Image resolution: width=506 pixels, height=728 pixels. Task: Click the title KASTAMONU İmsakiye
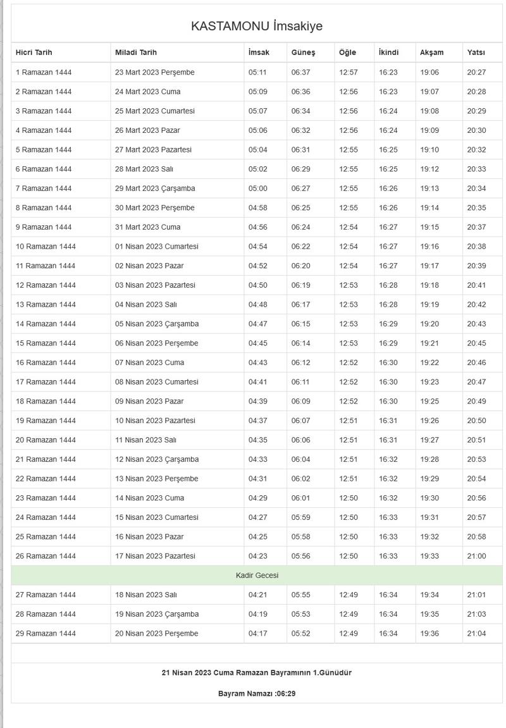click(256, 26)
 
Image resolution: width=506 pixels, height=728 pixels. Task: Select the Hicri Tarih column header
click(34, 52)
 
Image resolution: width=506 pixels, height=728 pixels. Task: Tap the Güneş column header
click(303, 52)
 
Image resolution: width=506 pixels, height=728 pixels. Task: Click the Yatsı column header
click(476, 52)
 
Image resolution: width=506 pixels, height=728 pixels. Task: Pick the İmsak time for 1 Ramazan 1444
click(257, 72)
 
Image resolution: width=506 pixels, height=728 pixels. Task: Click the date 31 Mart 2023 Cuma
click(147, 227)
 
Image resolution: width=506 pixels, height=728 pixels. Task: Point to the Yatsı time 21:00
click(476, 556)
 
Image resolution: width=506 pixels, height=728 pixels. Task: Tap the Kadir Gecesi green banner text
click(257, 576)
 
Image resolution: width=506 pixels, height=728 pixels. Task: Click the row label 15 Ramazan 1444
click(46, 343)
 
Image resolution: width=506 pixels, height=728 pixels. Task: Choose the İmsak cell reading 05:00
click(257, 188)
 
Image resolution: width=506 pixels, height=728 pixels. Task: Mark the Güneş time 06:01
click(300, 498)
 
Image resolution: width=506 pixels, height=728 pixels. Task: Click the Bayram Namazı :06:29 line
click(257, 693)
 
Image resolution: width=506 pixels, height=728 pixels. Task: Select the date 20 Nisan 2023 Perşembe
click(156, 633)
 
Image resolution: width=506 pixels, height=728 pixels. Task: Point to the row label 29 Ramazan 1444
click(46, 633)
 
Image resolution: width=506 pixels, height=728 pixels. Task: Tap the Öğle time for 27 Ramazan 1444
click(348, 595)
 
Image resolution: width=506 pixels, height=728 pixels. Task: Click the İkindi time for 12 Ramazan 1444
click(388, 285)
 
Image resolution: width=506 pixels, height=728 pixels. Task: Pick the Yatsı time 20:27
click(476, 72)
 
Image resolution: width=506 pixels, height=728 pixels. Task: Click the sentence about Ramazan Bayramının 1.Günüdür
click(256, 672)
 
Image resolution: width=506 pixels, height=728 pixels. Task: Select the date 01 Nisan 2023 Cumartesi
click(156, 246)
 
